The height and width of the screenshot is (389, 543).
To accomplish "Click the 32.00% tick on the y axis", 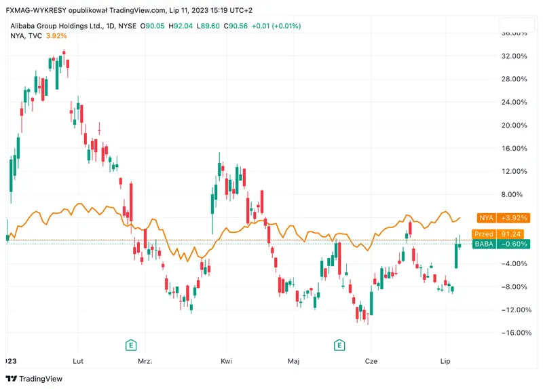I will (513, 56).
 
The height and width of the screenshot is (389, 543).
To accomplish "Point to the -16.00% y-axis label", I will (512, 333).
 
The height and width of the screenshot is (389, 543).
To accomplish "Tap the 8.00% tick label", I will (514, 194).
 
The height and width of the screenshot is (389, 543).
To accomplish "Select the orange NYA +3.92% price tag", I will (502, 218).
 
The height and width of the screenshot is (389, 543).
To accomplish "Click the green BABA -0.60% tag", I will (502, 244).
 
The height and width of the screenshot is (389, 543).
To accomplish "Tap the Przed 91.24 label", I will (502, 234).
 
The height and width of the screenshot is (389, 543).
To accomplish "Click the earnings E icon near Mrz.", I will (130, 346).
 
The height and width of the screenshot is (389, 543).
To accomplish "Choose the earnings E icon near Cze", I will (339, 346).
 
